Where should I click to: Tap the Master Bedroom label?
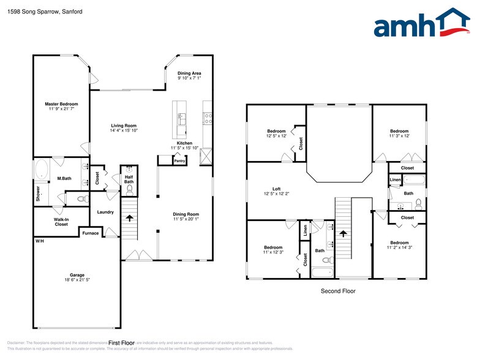61,104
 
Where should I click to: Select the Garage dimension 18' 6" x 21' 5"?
77,280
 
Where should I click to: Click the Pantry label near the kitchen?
179,162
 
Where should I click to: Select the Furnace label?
91,233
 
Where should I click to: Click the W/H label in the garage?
39,241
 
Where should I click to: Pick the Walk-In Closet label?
61,222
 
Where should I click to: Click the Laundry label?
105,212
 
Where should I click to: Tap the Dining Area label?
189,73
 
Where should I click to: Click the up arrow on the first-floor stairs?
129,217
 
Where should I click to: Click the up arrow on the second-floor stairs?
343,233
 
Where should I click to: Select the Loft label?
276,189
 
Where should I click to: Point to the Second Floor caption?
338,291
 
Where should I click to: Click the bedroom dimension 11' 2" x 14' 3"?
400,247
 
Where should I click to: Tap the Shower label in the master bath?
38,194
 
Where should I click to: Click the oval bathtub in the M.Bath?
43,168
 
